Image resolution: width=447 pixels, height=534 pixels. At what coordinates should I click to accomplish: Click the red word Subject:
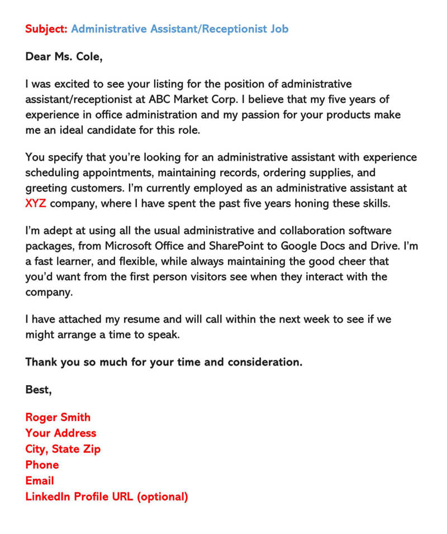pos(46,29)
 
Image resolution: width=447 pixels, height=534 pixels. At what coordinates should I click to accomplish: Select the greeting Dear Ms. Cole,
pos(64,57)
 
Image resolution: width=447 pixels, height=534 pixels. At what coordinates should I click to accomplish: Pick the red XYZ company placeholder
pos(36,203)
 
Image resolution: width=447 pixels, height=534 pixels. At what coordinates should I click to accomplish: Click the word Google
pos(299,246)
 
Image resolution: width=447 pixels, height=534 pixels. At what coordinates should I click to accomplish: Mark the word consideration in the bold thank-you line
pos(258,362)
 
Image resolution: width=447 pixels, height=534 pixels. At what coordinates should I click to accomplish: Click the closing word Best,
pos(39,390)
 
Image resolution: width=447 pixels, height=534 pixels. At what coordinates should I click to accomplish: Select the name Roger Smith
pos(58,418)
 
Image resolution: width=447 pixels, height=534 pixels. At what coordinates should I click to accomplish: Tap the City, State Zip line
pos(63,449)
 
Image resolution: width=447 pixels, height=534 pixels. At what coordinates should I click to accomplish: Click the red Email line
pos(40,481)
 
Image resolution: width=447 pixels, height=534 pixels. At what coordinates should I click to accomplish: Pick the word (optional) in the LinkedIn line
pos(161,496)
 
